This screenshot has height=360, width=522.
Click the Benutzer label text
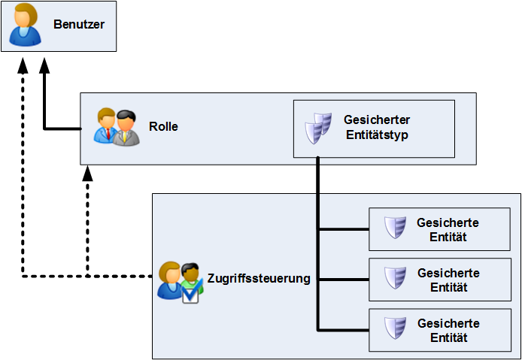[x=79, y=25]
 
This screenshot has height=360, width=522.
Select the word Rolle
[x=163, y=126]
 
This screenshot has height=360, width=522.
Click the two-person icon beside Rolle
[x=117, y=127]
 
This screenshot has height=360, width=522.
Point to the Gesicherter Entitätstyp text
[x=377, y=127]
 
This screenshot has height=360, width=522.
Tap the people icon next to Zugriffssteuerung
[x=179, y=281]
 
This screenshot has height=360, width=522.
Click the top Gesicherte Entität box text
[x=448, y=229]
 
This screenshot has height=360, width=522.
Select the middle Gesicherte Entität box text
[x=448, y=280]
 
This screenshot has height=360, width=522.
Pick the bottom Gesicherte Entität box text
[x=448, y=330]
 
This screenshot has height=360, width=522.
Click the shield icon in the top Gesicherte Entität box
[x=395, y=228]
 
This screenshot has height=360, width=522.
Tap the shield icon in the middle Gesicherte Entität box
[x=395, y=279]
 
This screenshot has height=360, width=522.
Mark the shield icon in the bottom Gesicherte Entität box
[x=395, y=329]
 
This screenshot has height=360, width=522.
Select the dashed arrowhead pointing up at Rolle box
[x=87, y=173]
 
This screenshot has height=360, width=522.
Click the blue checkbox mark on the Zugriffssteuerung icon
[x=191, y=295]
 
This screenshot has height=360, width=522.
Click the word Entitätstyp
[x=377, y=135]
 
